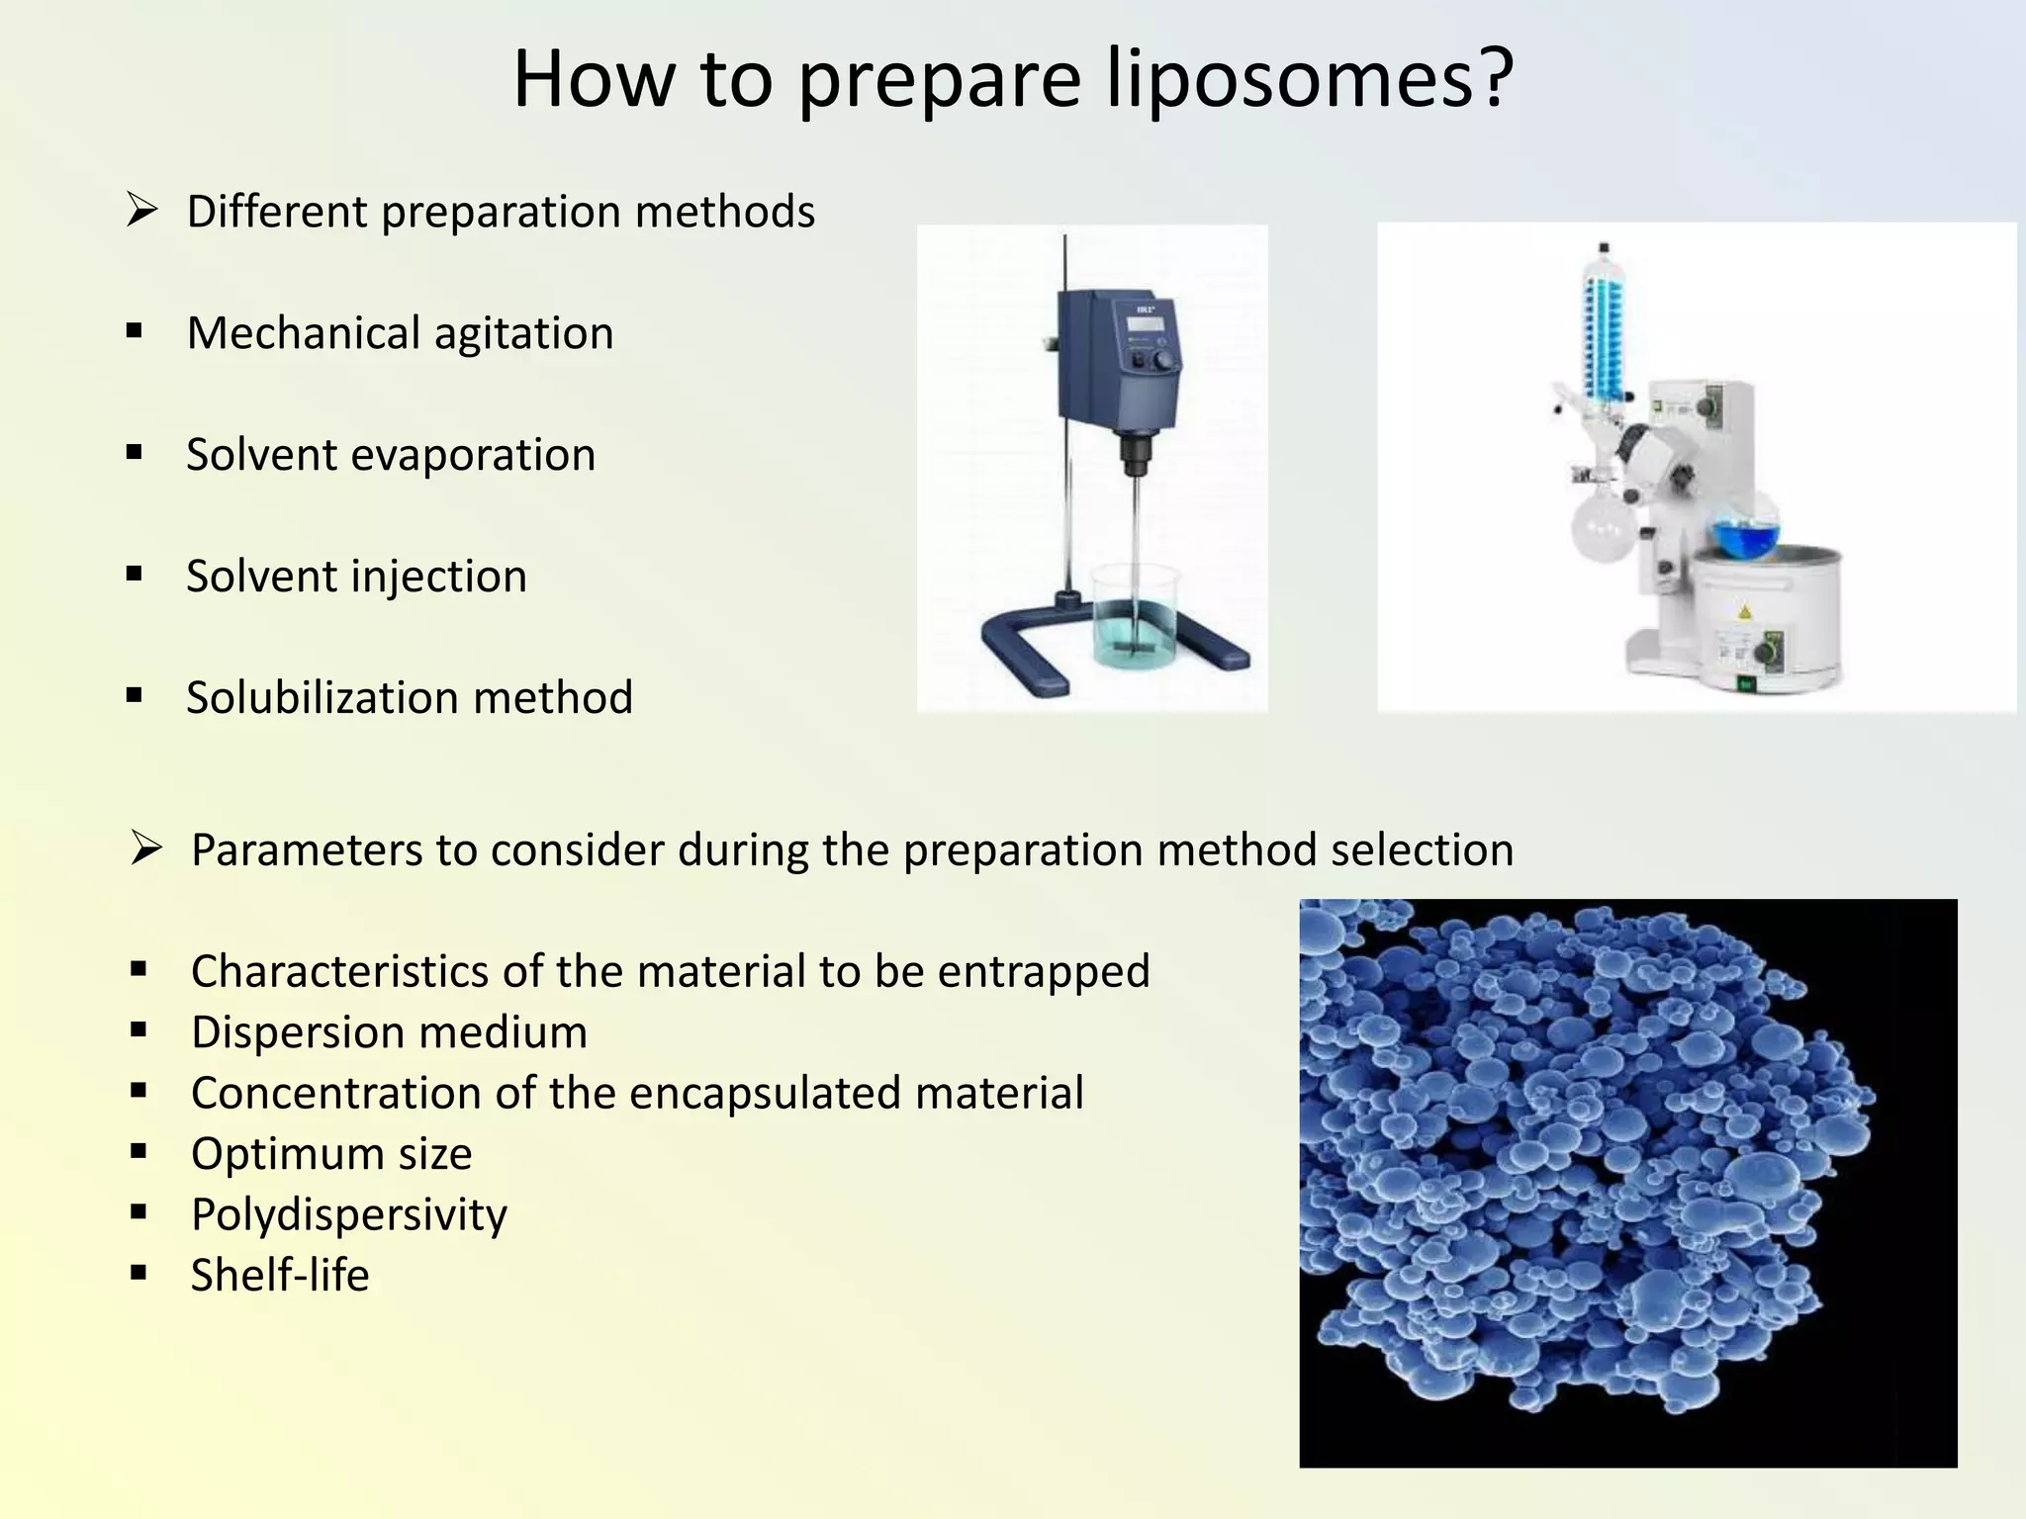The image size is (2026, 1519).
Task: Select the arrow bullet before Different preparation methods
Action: [x=141, y=211]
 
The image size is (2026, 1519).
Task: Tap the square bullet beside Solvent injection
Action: [x=135, y=575]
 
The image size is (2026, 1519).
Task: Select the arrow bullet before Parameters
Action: [x=145, y=849]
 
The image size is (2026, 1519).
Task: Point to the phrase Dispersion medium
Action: [x=389, y=1032]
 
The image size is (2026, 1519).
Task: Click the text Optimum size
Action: [x=331, y=1154]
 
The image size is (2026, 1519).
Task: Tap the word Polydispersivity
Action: [x=348, y=1215]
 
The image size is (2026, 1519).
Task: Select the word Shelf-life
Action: [x=280, y=1276]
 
